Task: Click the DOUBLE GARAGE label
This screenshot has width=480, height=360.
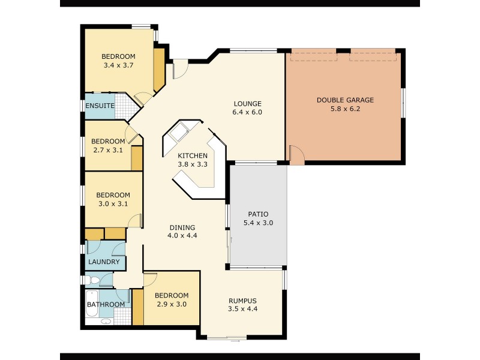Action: (345, 100)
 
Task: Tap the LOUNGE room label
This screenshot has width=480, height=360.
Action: (247, 103)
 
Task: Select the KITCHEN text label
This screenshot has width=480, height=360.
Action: (193, 155)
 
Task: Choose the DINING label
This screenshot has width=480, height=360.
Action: (182, 227)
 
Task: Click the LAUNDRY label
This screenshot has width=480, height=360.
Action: (104, 262)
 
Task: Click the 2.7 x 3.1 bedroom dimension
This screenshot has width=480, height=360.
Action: (108, 150)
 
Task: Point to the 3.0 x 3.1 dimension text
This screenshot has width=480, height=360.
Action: (113, 203)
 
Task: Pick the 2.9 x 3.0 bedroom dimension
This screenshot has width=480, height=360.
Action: (171, 304)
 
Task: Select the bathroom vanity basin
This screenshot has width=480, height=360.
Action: (106, 321)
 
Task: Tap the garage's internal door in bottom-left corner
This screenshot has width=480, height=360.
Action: (296, 155)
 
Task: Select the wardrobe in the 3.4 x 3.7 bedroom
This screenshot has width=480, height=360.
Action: (159, 70)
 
